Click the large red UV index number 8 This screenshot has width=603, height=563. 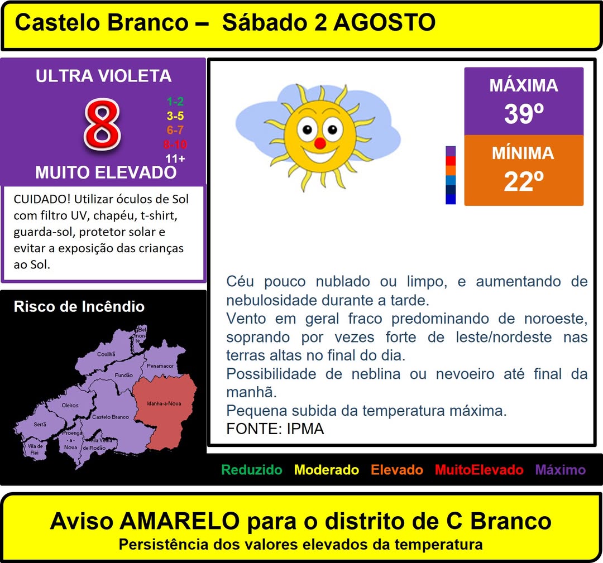pyautogui.click(x=102, y=124)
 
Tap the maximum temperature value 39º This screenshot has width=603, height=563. pyautogui.click(x=524, y=114)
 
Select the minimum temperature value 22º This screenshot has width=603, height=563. pyautogui.click(x=524, y=181)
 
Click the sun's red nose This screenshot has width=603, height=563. pyautogui.click(x=319, y=144)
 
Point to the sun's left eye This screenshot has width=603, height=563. pyautogui.click(x=307, y=129)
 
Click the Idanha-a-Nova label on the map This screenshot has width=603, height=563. pyautogui.click(x=164, y=403)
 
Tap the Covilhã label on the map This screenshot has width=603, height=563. pyautogui.click(x=106, y=354)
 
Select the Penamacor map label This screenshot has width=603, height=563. pyautogui.click(x=160, y=366)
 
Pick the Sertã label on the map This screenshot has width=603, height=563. pyautogui.click(x=40, y=424)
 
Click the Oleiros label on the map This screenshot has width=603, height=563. pyautogui.click(x=70, y=405)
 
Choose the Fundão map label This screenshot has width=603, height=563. pyautogui.click(x=123, y=375)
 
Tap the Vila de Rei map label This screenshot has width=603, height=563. pyautogui.click(x=35, y=449)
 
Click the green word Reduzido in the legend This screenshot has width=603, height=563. pyautogui.click(x=252, y=470)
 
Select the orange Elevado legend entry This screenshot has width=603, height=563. pyautogui.click(x=397, y=470)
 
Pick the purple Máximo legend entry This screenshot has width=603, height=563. pyautogui.click(x=561, y=470)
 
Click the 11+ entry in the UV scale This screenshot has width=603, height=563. pyautogui.click(x=175, y=158)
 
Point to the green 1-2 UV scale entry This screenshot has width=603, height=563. pyautogui.click(x=175, y=102)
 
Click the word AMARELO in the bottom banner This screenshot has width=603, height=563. pyautogui.click(x=180, y=521)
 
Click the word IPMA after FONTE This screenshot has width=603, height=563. pyautogui.click(x=305, y=429)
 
